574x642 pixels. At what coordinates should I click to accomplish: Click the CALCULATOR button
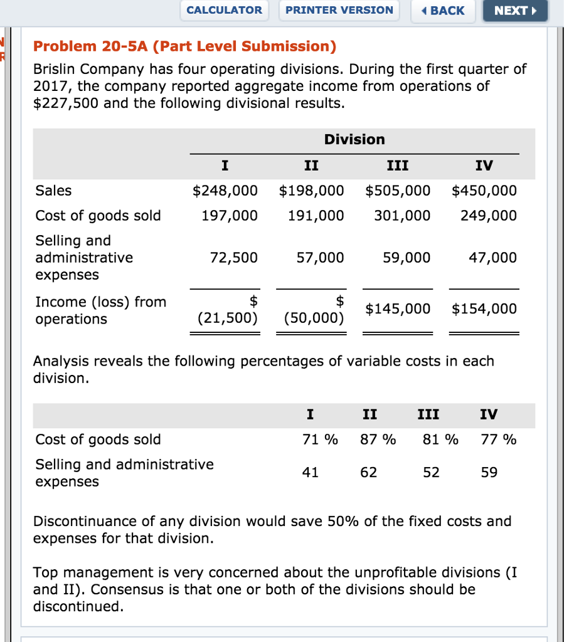click(x=225, y=10)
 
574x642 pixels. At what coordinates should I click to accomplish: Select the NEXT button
click(x=515, y=11)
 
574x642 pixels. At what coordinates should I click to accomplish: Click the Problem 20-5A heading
click(x=184, y=46)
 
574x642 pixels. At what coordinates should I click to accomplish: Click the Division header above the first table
click(x=354, y=139)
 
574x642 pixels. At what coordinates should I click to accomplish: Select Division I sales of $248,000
click(x=225, y=191)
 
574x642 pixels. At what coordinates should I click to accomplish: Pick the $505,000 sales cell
click(x=398, y=191)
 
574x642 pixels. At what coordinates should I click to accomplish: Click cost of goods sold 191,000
click(x=316, y=216)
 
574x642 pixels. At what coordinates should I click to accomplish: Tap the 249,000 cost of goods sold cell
click(x=488, y=216)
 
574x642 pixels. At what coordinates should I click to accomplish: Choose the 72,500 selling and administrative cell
click(x=233, y=258)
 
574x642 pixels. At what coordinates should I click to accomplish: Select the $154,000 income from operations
click(x=484, y=308)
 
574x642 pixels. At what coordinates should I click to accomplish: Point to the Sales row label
click(x=53, y=191)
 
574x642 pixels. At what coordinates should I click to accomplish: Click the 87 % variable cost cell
click(x=378, y=439)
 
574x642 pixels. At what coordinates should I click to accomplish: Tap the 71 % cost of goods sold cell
click(x=320, y=439)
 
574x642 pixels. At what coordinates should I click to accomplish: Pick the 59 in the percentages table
click(x=489, y=473)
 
